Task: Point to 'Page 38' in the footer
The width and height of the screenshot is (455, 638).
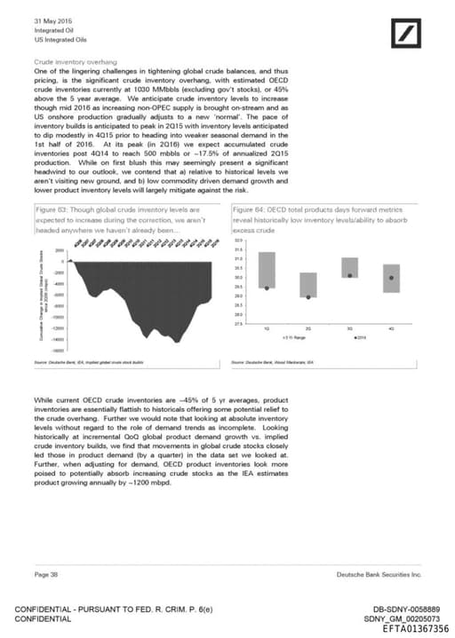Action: [46, 575]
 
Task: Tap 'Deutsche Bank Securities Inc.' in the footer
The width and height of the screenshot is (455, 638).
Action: [379, 575]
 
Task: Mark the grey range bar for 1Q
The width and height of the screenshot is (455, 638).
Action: [267, 257]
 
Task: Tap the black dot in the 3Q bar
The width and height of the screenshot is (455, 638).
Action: [349, 276]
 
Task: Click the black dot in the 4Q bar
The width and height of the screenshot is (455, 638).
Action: [391, 278]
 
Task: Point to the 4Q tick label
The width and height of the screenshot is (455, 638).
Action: [391, 329]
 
